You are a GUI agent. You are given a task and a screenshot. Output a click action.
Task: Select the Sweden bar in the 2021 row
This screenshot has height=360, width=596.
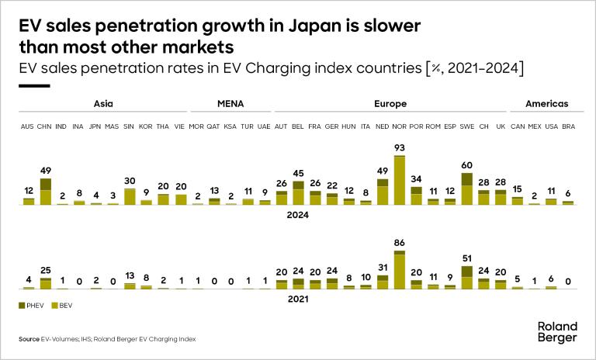[467, 277]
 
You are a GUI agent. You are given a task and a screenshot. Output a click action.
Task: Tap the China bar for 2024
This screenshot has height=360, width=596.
[46, 191]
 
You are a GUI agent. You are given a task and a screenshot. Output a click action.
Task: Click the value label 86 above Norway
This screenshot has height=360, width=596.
[400, 244]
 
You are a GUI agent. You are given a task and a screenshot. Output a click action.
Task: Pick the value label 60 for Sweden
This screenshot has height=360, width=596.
[467, 166]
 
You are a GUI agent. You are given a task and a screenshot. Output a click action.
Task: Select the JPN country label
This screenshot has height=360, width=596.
[95, 126]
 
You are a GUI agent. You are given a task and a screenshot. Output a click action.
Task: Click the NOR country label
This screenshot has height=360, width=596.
[400, 126]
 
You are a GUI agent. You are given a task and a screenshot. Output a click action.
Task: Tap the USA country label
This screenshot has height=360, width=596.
[551, 126]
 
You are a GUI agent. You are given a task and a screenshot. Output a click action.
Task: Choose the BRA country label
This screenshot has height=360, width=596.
[568, 126]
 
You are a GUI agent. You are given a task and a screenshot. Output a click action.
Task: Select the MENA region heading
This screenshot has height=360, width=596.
[231, 103]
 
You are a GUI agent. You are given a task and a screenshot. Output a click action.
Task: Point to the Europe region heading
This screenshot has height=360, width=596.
[391, 103]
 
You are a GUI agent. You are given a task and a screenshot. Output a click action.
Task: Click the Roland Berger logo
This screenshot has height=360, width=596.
[557, 331]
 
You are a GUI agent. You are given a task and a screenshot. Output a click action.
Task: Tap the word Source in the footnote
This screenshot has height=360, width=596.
[29, 340]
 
